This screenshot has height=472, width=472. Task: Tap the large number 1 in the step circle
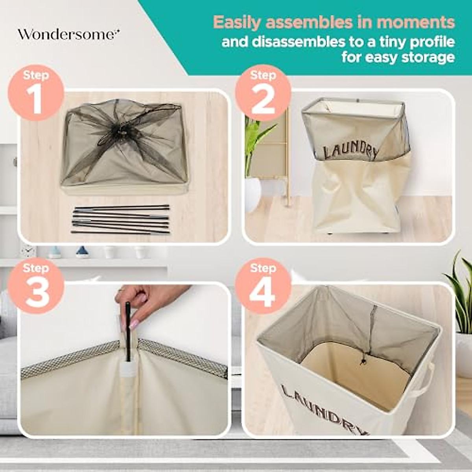point(37,99)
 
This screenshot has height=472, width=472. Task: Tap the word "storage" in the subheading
point(428,57)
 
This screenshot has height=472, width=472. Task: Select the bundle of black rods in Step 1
point(121,219)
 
